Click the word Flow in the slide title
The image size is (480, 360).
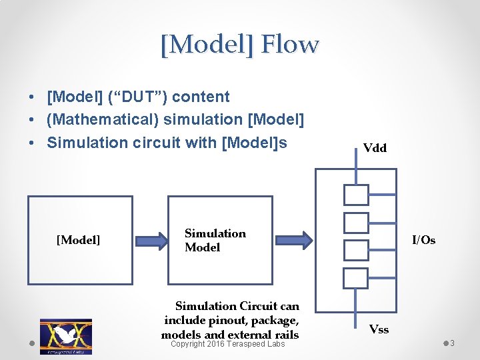point(290,45)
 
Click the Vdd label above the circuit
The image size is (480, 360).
point(375,148)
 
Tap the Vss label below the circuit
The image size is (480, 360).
point(379,329)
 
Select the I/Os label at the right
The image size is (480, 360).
point(423,240)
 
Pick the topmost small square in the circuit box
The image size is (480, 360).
point(356,194)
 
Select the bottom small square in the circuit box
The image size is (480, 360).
point(356,277)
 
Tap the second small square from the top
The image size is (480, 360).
point(356,222)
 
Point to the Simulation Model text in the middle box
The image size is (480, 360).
point(215,240)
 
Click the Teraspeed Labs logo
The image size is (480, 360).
point(65,336)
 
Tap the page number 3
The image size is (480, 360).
point(452,343)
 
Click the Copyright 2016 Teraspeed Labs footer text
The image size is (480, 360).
point(227,344)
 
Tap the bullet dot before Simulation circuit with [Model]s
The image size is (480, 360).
point(32,143)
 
